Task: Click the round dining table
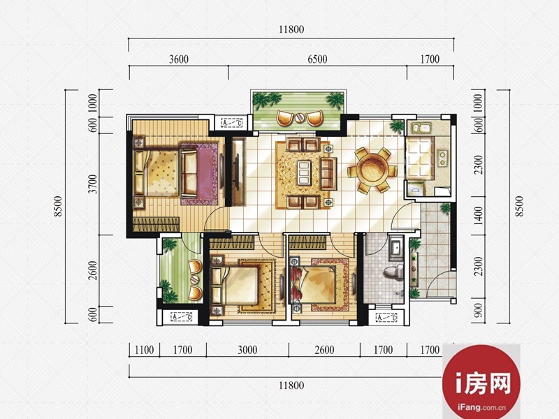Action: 372,170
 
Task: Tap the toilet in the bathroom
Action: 393,272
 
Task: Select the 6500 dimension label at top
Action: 317,59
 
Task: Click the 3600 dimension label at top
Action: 179,59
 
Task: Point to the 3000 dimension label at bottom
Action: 247,350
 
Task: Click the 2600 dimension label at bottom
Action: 324,350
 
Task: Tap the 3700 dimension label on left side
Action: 92,184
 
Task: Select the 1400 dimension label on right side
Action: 479,216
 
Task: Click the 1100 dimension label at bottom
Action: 145,350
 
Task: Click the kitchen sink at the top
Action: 421,128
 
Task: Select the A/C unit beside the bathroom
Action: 387,317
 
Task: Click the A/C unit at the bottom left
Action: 182,316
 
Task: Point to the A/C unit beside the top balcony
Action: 232,123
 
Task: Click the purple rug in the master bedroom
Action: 199,174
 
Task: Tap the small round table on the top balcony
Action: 299,117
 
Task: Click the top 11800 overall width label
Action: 291,29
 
